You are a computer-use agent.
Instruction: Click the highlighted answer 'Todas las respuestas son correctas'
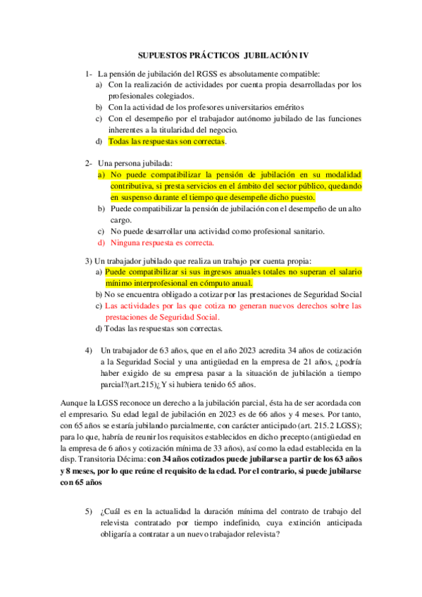(x=166, y=142)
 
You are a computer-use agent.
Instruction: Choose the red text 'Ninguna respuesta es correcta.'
(x=161, y=243)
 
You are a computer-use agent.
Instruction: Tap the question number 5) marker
(x=89, y=510)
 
